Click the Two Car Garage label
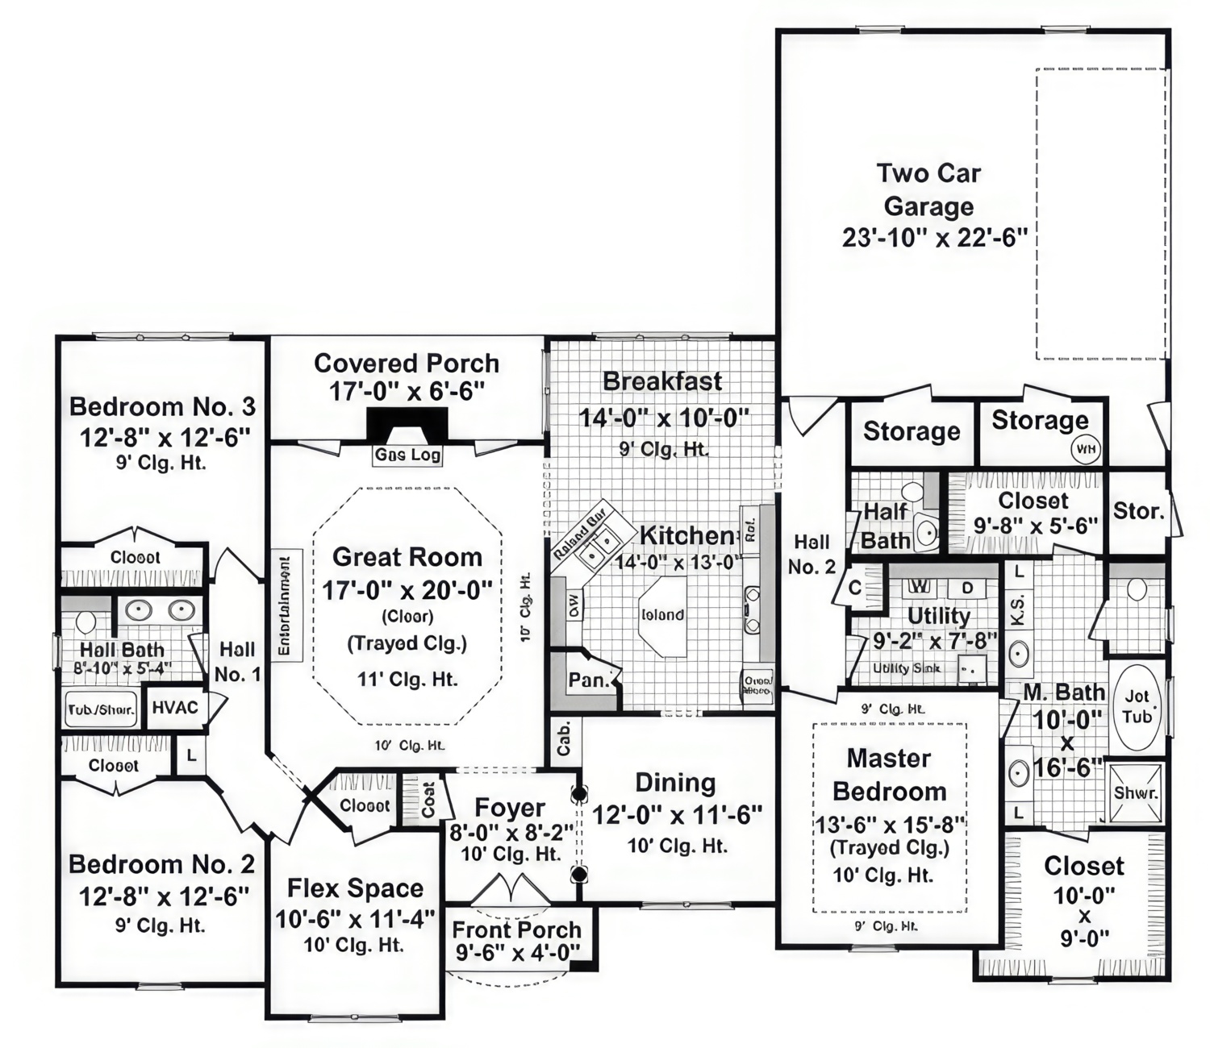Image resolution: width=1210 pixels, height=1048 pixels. point(928,189)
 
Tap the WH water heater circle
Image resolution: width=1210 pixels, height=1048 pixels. point(1086,449)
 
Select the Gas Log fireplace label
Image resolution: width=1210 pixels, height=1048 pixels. point(407,455)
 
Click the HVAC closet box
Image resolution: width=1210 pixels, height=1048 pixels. point(175,708)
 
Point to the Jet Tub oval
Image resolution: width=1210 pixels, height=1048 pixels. point(1137,706)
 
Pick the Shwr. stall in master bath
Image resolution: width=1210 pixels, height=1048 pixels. point(1136,793)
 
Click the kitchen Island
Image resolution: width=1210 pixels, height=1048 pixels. point(662,615)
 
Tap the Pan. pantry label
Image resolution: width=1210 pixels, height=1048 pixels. point(588,680)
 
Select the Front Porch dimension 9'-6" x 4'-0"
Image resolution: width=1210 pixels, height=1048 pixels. point(516,953)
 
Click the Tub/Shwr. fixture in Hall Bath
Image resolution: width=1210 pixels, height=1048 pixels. point(101,709)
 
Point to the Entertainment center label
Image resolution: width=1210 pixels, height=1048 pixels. point(285,605)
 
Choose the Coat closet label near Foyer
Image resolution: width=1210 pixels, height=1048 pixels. point(428,800)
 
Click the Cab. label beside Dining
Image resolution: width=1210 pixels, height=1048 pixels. point(564,738)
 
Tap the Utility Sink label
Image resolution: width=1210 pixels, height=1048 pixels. point(906,668)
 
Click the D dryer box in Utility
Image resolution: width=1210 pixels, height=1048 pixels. point(967,588)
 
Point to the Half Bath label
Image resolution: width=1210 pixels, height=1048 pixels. point(885,526)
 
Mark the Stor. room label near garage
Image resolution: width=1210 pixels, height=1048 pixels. point(1137,511)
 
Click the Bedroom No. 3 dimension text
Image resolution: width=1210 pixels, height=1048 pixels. point(165,437)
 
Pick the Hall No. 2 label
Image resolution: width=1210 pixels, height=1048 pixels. point(812,554)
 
